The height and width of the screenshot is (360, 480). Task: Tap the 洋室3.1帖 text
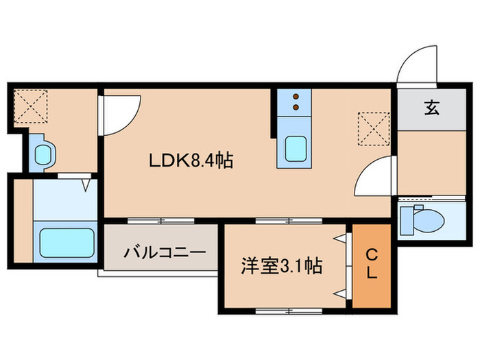[282, 265]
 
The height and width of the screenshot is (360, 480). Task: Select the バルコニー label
[165, 253]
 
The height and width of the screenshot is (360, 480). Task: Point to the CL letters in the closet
[370, 265]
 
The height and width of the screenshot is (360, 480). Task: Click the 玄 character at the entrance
[431, 108]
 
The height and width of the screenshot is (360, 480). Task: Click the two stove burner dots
[296, 101]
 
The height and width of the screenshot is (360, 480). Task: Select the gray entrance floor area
[431, 108]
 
